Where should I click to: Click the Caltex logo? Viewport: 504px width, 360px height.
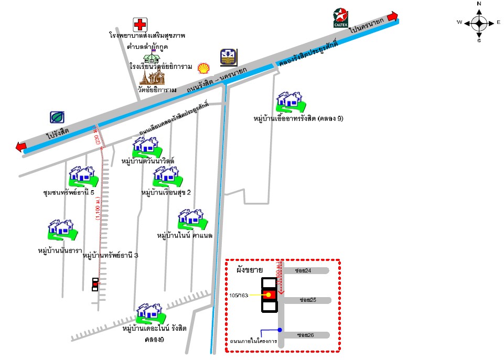click(x=341, y=17)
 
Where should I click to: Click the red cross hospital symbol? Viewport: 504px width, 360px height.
click(x=140, y=24)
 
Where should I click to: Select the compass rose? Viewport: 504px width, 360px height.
click(x=479, y=22)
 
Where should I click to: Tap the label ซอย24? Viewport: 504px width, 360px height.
click(x=304, y=271)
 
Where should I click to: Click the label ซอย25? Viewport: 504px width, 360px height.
click(x=307, y=300)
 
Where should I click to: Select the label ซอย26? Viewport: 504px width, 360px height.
click(x=305, y=335)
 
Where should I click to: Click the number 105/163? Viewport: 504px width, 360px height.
click(x=239, y=296)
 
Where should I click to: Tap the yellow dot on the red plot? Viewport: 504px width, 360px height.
click(x=269, y=295)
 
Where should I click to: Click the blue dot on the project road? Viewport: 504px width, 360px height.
click(x=280, y=330)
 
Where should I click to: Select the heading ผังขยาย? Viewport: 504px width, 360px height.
click(x=250, y=270)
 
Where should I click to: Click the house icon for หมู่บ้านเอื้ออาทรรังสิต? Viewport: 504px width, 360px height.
click(x=290, y=101)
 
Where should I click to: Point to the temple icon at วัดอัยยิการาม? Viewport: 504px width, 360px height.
click(x=152, y=78)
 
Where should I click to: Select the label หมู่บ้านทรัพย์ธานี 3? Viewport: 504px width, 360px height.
click(x=111, y=256)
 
